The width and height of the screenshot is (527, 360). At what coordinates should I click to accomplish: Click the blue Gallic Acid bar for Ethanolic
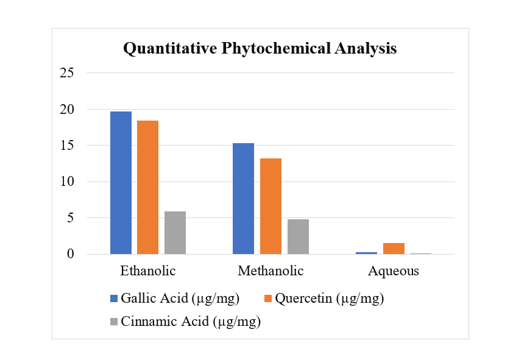pyautogui.click(x=121, y=183)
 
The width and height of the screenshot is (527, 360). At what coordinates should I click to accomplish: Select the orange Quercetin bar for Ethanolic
pyautogui.click(x=147, y=187)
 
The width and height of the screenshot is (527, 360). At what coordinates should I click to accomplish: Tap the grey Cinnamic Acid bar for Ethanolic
pyautogui.click(x=175, y=233)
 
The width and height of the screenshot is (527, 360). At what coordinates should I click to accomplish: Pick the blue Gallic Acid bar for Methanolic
pyautogui.click(x=243, y=199)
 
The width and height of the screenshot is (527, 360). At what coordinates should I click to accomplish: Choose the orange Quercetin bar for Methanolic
pyautogui.click(x=271, y=206)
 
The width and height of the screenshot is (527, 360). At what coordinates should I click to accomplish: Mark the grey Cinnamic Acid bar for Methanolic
pyautogui.click(x=298, y=236)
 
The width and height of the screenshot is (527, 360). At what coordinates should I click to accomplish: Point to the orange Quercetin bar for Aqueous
pyautogui.click(x=394, y=249)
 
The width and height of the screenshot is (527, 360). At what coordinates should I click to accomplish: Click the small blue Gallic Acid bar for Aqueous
pyautogui.click(x=366, y=252)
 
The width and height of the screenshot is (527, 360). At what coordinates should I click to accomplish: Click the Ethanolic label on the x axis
pyautogui.click(x=148, y=271)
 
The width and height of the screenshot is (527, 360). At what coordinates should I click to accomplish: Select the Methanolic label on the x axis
pyautogui.click(x=271, y=271)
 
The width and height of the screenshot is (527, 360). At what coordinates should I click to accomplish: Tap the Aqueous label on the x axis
pyautogui.click(x=394, y=271)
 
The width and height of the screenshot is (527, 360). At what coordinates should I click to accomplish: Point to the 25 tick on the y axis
pyautogui.click(x=67, y=73)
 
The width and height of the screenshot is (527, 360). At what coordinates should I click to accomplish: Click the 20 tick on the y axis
pyautogui.click(x=67, y=110)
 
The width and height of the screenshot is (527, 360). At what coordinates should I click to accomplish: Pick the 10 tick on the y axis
pyautogui.click(x=67, y=182)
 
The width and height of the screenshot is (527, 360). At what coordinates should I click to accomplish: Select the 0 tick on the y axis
pyautogui.click(x=71, y=254)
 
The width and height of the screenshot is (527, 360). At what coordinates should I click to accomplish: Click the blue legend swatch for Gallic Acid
pyautogui.click(x=114, y=298)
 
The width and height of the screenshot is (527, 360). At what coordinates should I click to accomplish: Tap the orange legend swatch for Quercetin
pyautogui.click(x=267, y=298)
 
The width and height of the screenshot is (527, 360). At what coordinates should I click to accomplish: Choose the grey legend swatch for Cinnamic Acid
pyautogui.click(x=114, y=322)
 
